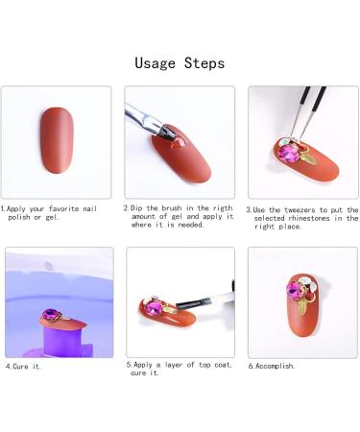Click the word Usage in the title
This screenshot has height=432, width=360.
[x=155, y=63]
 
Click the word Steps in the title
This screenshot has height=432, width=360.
[x=204, y=62]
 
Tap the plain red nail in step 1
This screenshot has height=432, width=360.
[x=57, y=140]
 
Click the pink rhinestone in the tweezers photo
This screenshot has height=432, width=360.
[x=287, y=152]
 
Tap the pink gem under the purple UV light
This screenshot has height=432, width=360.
[x=50, y=313]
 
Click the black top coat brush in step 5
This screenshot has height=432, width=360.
[x=192, y=302]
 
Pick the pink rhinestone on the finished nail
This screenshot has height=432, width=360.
[x=295, y=289]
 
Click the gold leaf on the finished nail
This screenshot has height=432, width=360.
[x=302, y=306]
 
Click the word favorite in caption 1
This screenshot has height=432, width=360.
[x=64, y=209]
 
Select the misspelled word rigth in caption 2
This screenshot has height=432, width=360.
[x=223, y=208]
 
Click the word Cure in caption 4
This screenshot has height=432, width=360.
[x=20, y=367]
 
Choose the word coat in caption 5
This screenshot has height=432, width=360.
[x=223, y=365]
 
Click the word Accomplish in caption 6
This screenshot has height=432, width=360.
[x=275, y=366]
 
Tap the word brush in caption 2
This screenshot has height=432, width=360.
[x=172, y=208]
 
